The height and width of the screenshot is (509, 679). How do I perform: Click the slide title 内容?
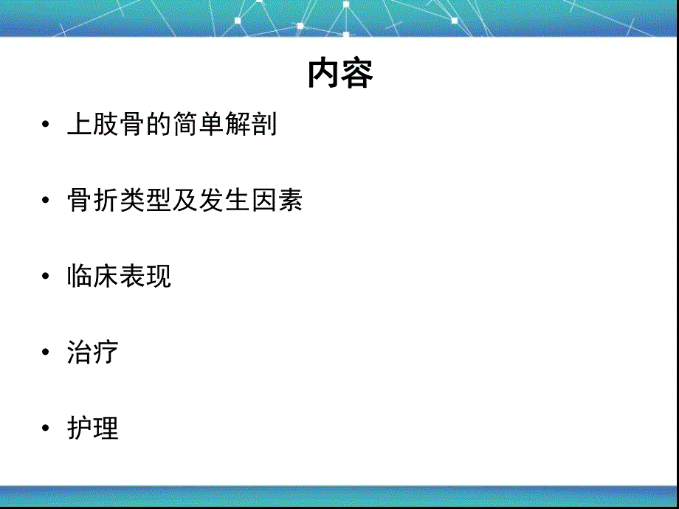340,74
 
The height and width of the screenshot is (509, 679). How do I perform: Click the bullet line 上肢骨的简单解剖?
172,124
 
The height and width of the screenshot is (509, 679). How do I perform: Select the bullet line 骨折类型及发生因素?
185,201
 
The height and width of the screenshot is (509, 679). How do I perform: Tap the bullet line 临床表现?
119,276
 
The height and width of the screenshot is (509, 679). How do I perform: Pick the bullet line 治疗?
92,352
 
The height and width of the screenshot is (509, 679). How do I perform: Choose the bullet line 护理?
92,428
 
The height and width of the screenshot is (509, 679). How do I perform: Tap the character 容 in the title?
357,74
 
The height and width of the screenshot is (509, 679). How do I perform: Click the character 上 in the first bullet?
79,124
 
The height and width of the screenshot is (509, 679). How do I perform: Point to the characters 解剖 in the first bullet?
252,124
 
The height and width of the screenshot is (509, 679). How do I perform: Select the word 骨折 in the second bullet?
92,201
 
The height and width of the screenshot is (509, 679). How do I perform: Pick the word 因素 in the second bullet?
277,201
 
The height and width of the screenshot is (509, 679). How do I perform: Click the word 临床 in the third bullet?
92,276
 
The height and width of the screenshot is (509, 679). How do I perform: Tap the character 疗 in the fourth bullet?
106,352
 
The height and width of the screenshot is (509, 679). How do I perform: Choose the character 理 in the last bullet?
106,428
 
